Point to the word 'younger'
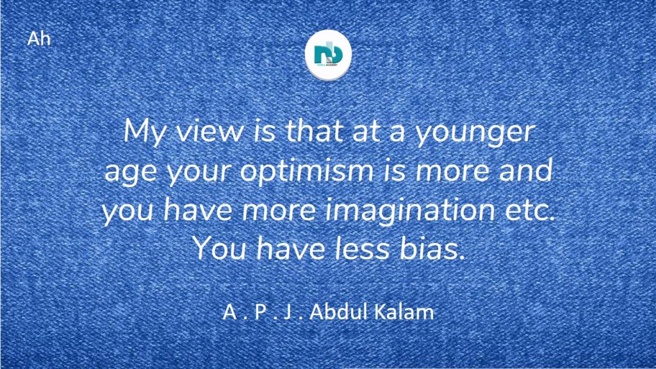pos(475,134)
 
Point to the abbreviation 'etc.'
pos(530,209)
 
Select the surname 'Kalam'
pos(403,312)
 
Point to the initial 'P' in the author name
pos(260,312)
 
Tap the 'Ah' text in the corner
pos(38,39)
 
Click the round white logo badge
pos(328,54)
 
